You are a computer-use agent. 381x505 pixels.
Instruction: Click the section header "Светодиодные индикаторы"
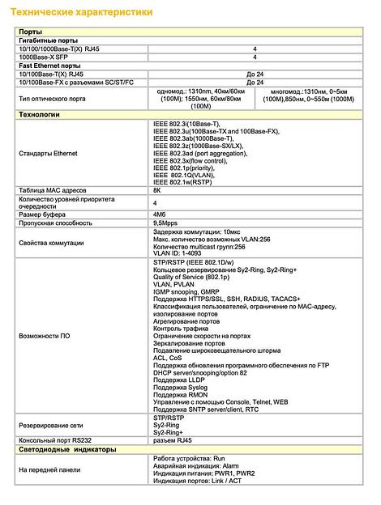(x=67, y=449)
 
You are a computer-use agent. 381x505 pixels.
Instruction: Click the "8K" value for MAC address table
(x=157, y=190)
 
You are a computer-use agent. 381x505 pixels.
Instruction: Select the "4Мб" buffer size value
(x=160, y=214)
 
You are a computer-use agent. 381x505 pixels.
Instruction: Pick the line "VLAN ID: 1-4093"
(x=178, y=255)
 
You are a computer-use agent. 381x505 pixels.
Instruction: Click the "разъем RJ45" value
(x=173, y=440)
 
